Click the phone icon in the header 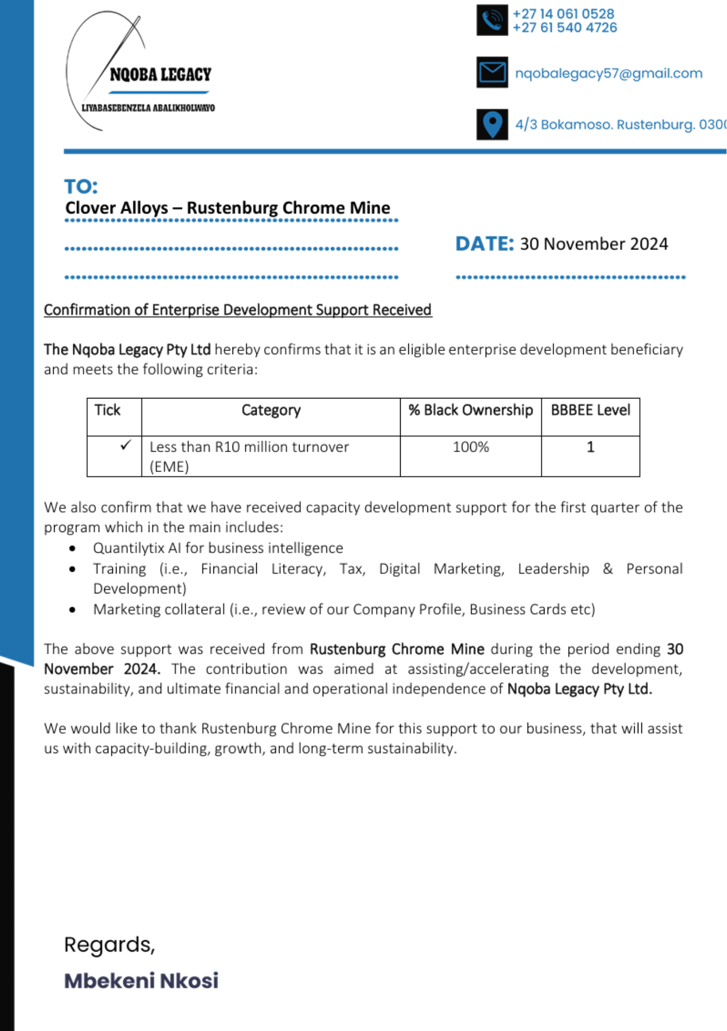(492, 21)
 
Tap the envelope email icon (492, 72)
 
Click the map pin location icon (492, 124)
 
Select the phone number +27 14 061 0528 (563, 14)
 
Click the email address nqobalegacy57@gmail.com (608, 73)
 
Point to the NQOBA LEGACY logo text (160, 75)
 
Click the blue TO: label (81, 187)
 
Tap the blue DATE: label (484, 244)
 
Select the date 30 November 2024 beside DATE (593, 244)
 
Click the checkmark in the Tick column (125, 445)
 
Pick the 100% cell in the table (470, 447)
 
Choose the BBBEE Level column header (590, 410)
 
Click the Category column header (271, 410)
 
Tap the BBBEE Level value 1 (590, 447)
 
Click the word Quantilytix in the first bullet (128, 548)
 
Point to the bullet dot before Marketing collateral (73, 610)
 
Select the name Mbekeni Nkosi (141, 981)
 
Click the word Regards (109, 945)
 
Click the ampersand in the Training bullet (608, 569)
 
